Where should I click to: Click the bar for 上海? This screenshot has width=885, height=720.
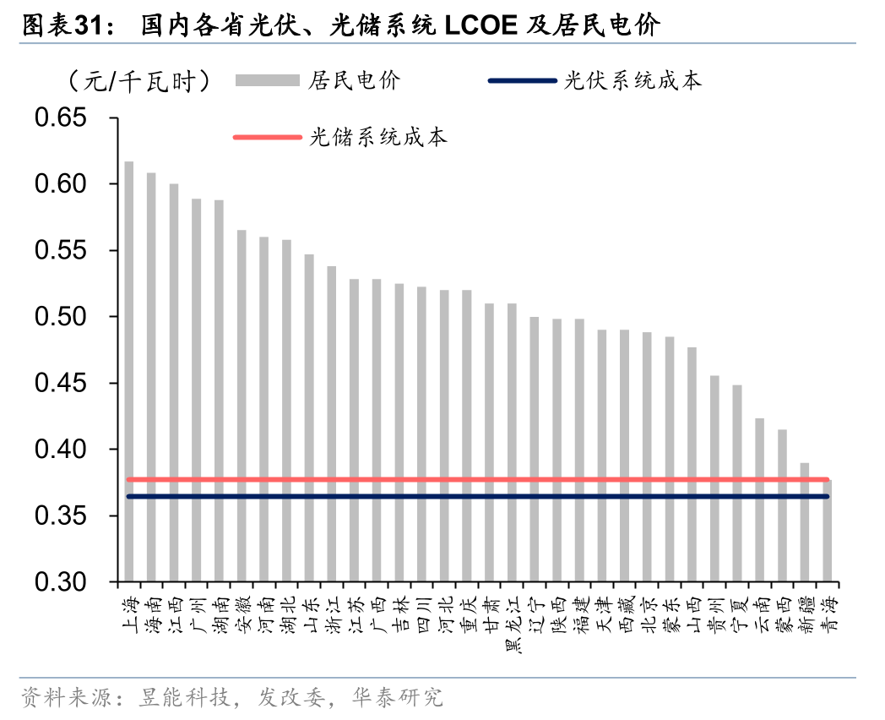point(128,371)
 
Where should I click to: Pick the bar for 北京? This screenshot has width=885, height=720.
point(647,456)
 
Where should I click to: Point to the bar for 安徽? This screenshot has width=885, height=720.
point(242,406)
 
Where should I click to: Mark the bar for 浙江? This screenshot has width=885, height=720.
point(331,423)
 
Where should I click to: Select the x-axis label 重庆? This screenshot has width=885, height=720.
point(467,614)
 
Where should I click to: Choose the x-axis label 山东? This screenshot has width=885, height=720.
point(309,614)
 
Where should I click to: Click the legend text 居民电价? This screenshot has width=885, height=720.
point(355,81)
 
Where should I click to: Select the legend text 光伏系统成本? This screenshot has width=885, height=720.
point(633,81)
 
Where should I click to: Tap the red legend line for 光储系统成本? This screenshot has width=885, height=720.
point(267,137)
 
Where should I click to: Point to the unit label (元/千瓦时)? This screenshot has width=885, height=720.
point(139,81)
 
